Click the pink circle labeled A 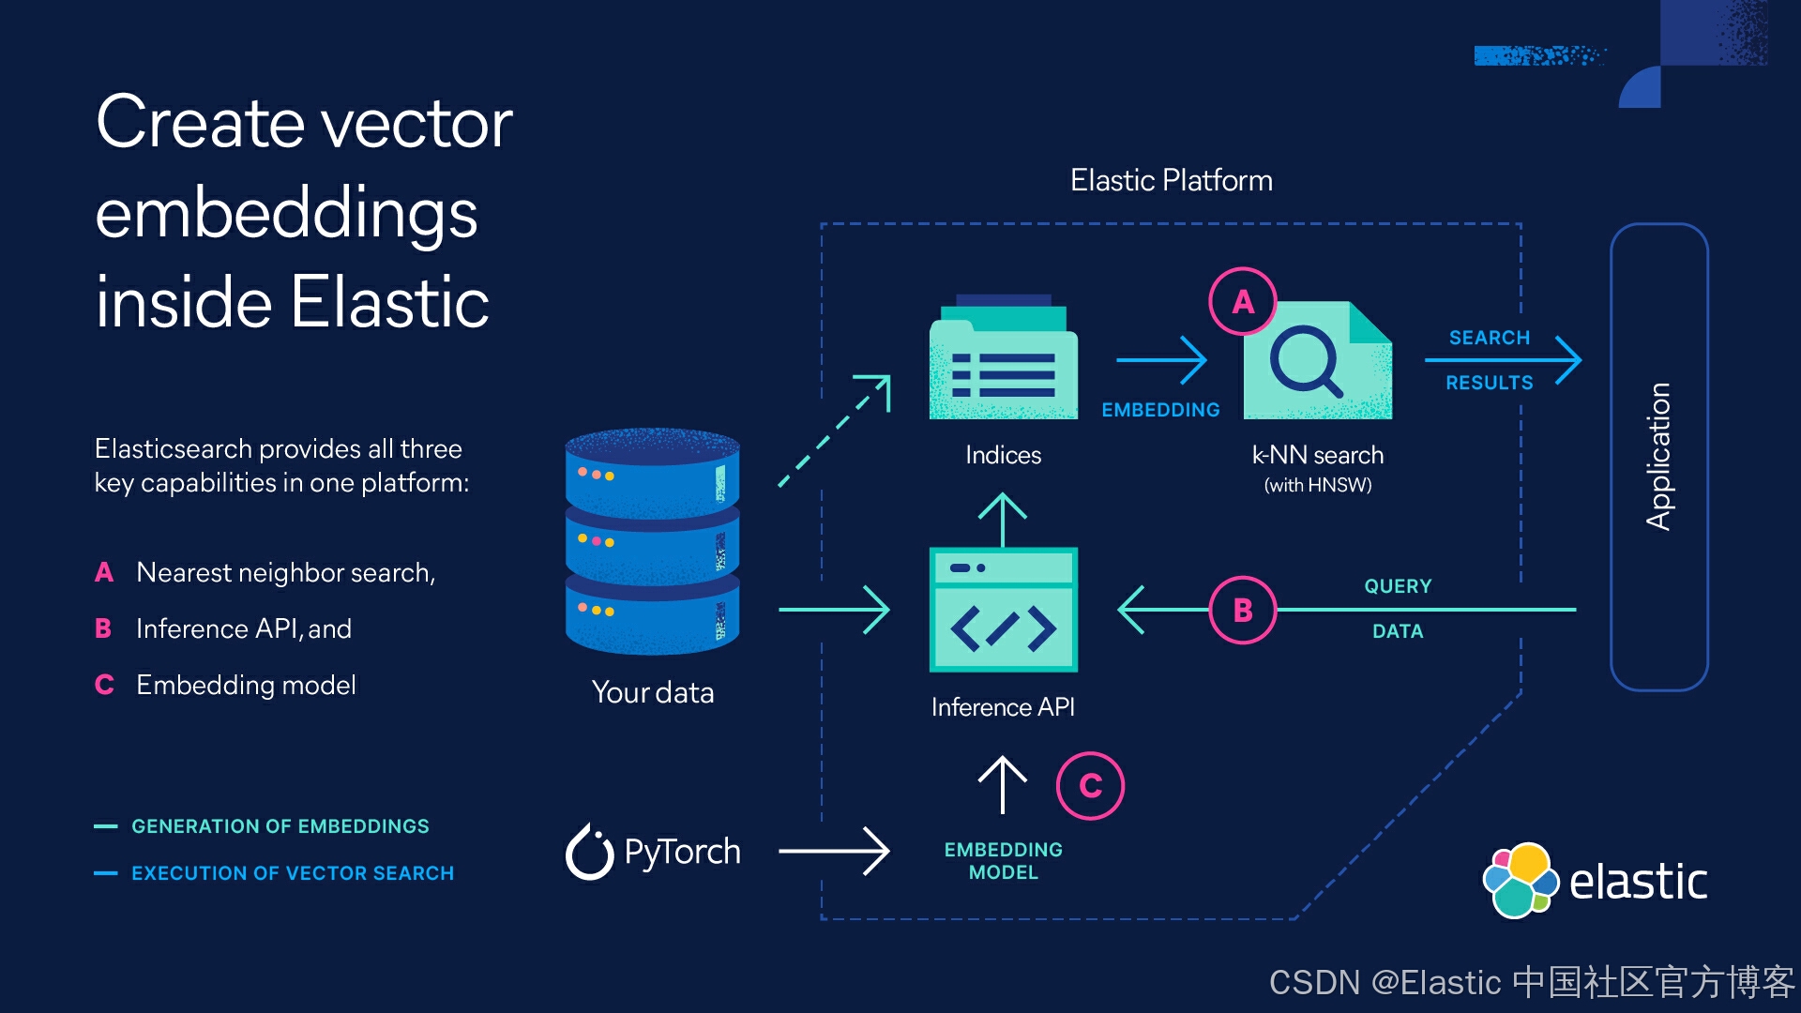tap(1243, 301)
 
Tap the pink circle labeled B tap(1243, 610)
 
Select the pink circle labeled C tap(1090, 786)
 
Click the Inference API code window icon tap(1003, 610)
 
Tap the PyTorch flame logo tap(589, 853)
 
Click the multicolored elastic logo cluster tap(1520, 880)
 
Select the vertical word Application tap(1658, 457)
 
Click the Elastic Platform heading tap(1171, 180)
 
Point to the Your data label tap(653, 692)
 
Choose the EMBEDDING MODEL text tap(1003, 860)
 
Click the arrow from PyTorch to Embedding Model tap(833, 852)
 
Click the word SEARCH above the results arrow tap(1489, 338)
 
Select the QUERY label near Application tap(1397, 586)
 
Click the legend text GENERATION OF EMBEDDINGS tap(280, 826)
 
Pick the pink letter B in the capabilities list tap(103, 628)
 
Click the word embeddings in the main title tap(286, 214)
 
